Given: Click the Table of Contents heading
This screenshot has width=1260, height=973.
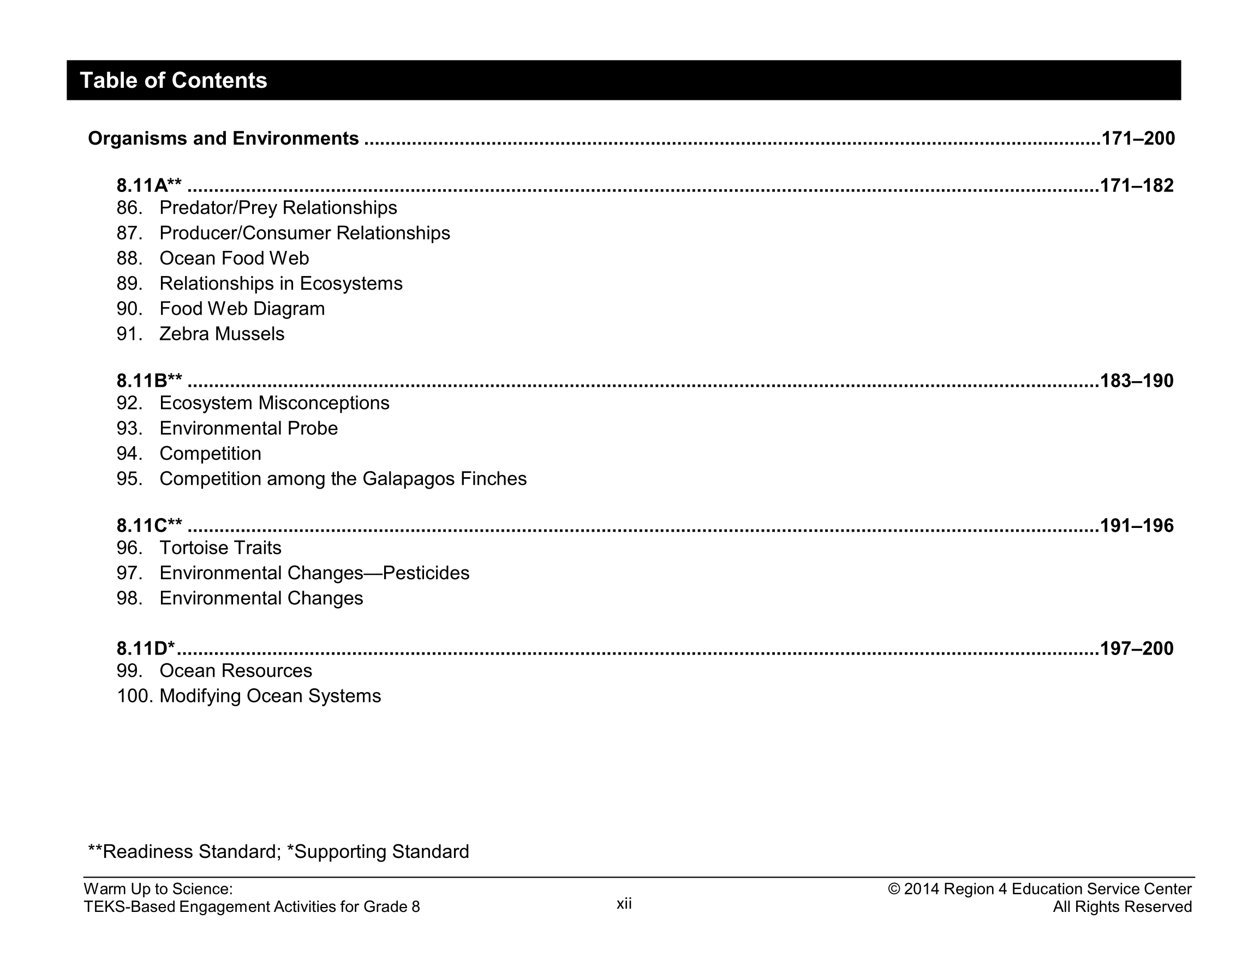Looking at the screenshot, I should coord(173,81).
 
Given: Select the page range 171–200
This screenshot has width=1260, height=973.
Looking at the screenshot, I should coord(1138,139).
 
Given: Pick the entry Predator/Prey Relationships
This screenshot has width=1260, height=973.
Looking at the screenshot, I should coord(278,208).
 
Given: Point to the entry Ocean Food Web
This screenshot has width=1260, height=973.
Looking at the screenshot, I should coord(234,259).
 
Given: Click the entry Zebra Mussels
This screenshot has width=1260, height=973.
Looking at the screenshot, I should coord(222,334).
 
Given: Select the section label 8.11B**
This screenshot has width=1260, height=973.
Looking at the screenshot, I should coord(149,381).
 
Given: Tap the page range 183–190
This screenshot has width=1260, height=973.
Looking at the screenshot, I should coord(1137,381).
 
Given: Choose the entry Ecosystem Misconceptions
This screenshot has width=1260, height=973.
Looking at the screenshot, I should coord(274,403).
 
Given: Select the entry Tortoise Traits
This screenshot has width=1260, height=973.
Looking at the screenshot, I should coord(220,548).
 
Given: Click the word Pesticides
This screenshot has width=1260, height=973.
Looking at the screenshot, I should coord(426,573).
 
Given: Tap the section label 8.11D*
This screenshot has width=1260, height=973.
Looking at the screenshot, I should coord(145,649).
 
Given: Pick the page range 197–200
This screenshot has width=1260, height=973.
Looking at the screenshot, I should coord(1137,649).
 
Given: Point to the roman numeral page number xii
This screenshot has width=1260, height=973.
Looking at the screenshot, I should coord(624,904).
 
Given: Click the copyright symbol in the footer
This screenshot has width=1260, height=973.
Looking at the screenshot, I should coord(894,890).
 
